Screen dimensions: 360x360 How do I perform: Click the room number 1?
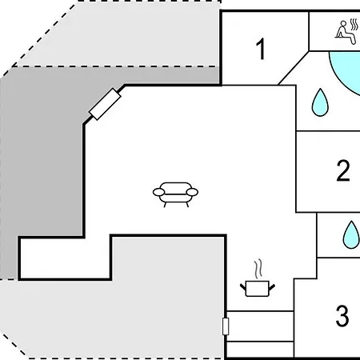coord(261,49)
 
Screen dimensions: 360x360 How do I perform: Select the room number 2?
coord(343,170)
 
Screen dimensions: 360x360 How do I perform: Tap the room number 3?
coord(342,316)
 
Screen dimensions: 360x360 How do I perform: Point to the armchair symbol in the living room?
coord(175,194)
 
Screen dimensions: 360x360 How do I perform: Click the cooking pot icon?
coord(258,289)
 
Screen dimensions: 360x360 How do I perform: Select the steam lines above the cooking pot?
coord(258,270)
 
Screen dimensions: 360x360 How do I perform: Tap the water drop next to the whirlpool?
coord(320,102)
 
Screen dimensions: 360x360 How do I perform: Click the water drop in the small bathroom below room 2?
coord(351,234)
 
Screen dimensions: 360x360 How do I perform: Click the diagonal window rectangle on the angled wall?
coord(105,104)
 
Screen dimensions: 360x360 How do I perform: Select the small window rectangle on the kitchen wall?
coord(226,326)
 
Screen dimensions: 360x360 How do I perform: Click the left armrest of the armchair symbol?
coord(158,192)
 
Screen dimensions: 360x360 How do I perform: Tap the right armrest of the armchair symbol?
coord(192,192)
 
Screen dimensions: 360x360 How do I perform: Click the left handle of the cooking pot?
coord(243,287)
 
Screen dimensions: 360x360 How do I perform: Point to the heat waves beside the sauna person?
coord(354,25)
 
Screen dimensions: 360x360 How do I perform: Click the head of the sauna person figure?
coord(342,24)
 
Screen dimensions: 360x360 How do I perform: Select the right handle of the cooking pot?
coord(272,287)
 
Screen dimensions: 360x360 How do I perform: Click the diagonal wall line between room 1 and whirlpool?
coord(294,68)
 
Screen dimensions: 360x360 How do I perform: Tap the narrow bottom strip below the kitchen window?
coord(260,350)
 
